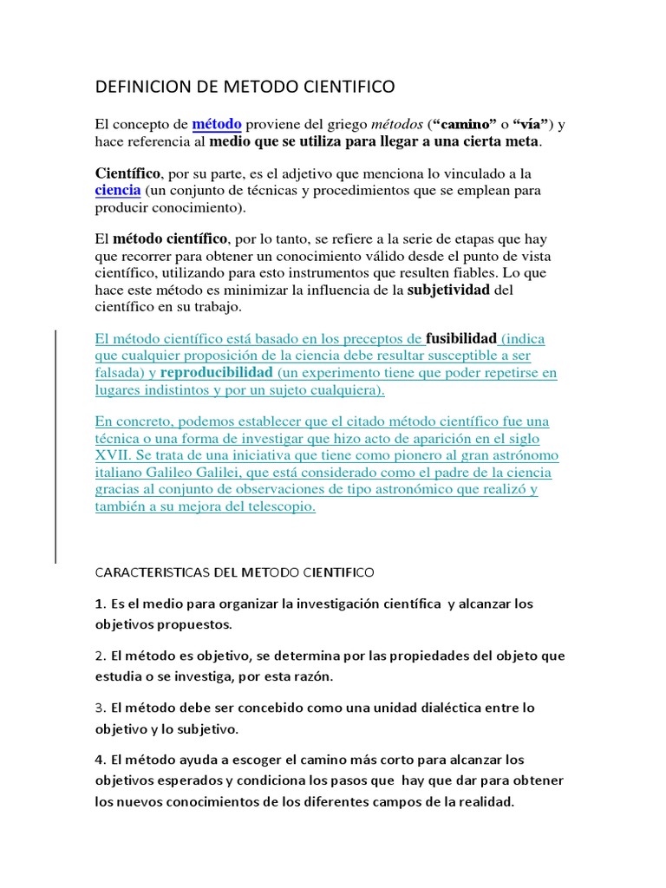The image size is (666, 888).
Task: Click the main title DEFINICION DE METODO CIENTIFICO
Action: point(244,87)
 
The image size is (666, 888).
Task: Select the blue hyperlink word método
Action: point(217,124)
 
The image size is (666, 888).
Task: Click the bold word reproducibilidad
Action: point(217,373)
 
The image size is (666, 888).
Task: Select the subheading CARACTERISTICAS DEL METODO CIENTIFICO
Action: point(234,573)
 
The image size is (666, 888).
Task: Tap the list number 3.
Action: point(99,708)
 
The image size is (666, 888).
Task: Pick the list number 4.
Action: point(99,760)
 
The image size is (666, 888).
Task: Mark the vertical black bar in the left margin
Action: point(56,434)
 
